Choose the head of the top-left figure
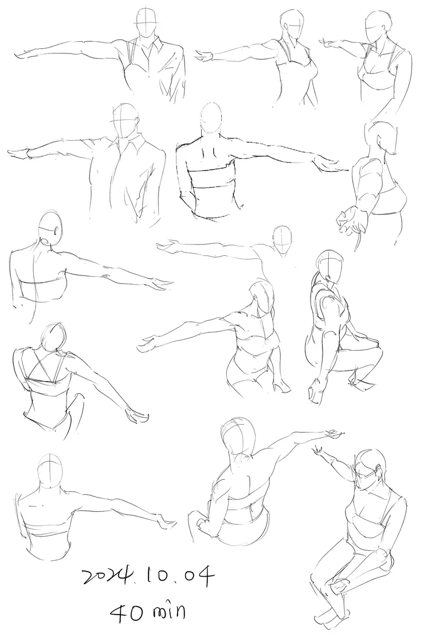(146, 24)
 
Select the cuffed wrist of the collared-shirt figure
(29, 154)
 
